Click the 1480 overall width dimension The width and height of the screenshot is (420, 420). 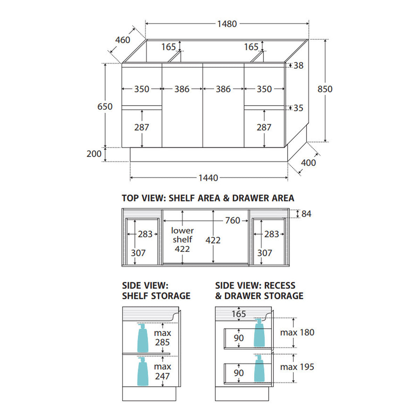click(x=227, y=24)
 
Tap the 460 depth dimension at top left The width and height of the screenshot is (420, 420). click(x=123, y=40)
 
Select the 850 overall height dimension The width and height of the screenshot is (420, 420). click(x=325, y=89)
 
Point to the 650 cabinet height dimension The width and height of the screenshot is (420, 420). click(x=105, y=106)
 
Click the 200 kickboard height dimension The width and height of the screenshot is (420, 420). click(x=94, y=154)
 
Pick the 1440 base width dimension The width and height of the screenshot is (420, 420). click(x=208, y=178)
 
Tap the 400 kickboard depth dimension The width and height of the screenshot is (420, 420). click(x=308, y=163)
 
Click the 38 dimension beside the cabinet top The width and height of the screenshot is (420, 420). click(x=299, y=65)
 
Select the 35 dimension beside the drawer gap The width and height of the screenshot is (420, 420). click(x=299, y=108)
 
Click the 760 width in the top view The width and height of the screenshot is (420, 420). click(x=232, y=220)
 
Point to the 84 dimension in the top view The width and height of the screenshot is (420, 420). click(x=306, y=214)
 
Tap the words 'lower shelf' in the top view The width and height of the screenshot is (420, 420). click(x=182, y=235)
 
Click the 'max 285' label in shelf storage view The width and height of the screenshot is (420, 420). click(x=162, y=338)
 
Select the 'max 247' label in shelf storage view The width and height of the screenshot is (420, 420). click(x=162, y=371)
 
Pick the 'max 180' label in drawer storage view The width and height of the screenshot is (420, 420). click(x=297, y=332)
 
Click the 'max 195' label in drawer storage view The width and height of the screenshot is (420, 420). click(x=297, y=367)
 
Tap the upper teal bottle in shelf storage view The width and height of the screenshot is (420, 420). click(x=143, y=338)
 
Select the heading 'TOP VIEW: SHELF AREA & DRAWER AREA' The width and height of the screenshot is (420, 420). click(x=208, y=198)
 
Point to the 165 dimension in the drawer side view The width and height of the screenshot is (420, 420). click(x=239, y=314)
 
